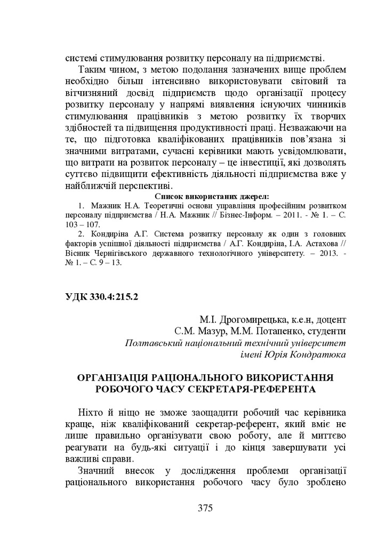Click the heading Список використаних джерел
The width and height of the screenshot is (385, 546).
(204, 196)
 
